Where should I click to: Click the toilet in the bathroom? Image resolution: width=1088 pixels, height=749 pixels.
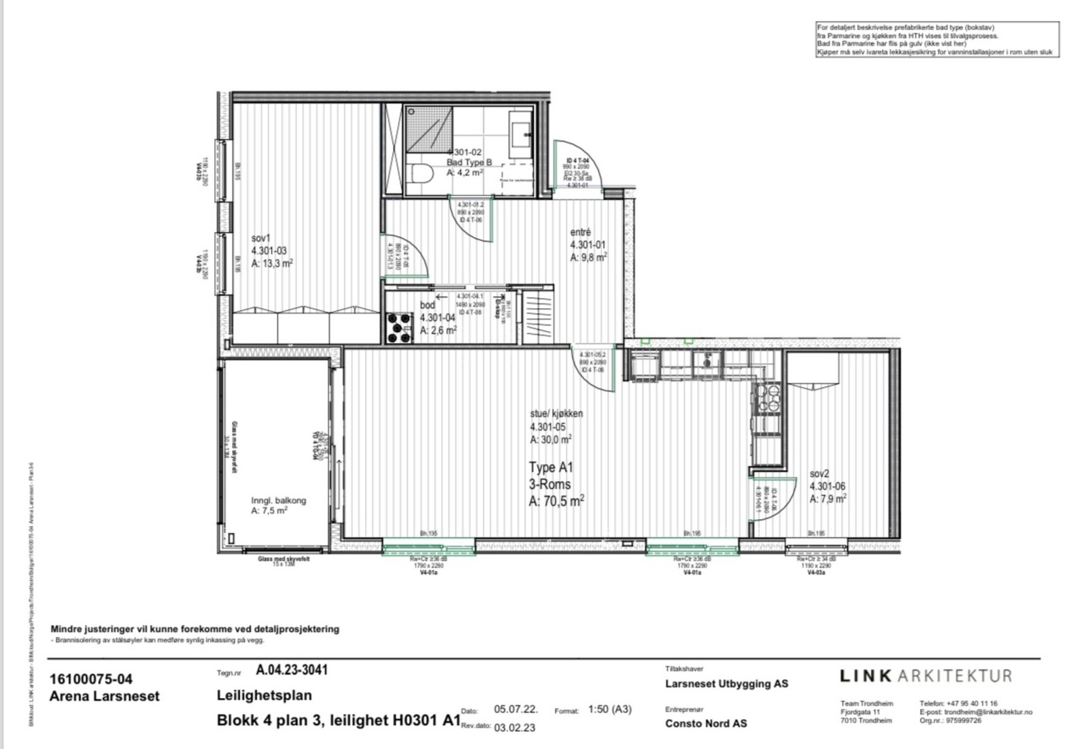(x=422, y=175)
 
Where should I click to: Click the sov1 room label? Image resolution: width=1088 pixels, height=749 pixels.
(x=260, y=239)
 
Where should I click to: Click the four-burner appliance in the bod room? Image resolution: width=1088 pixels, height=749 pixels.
(x=399, y=327)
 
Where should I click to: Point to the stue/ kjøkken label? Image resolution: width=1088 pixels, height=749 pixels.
(x=556, y=414)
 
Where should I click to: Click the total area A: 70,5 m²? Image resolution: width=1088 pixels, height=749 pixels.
(x=556, y=501)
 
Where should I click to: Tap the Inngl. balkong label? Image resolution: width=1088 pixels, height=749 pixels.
(x=279, y=500)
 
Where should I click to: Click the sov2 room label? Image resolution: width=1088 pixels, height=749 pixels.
(x=819, y=473)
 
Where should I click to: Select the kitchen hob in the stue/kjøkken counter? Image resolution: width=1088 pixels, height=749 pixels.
(x=768, y=399)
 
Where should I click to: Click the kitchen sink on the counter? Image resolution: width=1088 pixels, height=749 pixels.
(x=708, y=361)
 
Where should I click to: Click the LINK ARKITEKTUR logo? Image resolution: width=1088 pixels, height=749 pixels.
(x=925, y=676)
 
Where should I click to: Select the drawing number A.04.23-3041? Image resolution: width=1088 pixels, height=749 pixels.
(x=292, y=670)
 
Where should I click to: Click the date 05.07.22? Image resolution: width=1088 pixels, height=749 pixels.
(x=516, y=709)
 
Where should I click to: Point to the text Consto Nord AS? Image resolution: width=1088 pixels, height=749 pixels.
(x=706, y=723)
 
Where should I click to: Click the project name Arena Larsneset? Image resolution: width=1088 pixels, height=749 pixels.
(x=105, y=696)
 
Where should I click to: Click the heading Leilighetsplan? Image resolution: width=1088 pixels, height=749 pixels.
(x=265, y=695)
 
